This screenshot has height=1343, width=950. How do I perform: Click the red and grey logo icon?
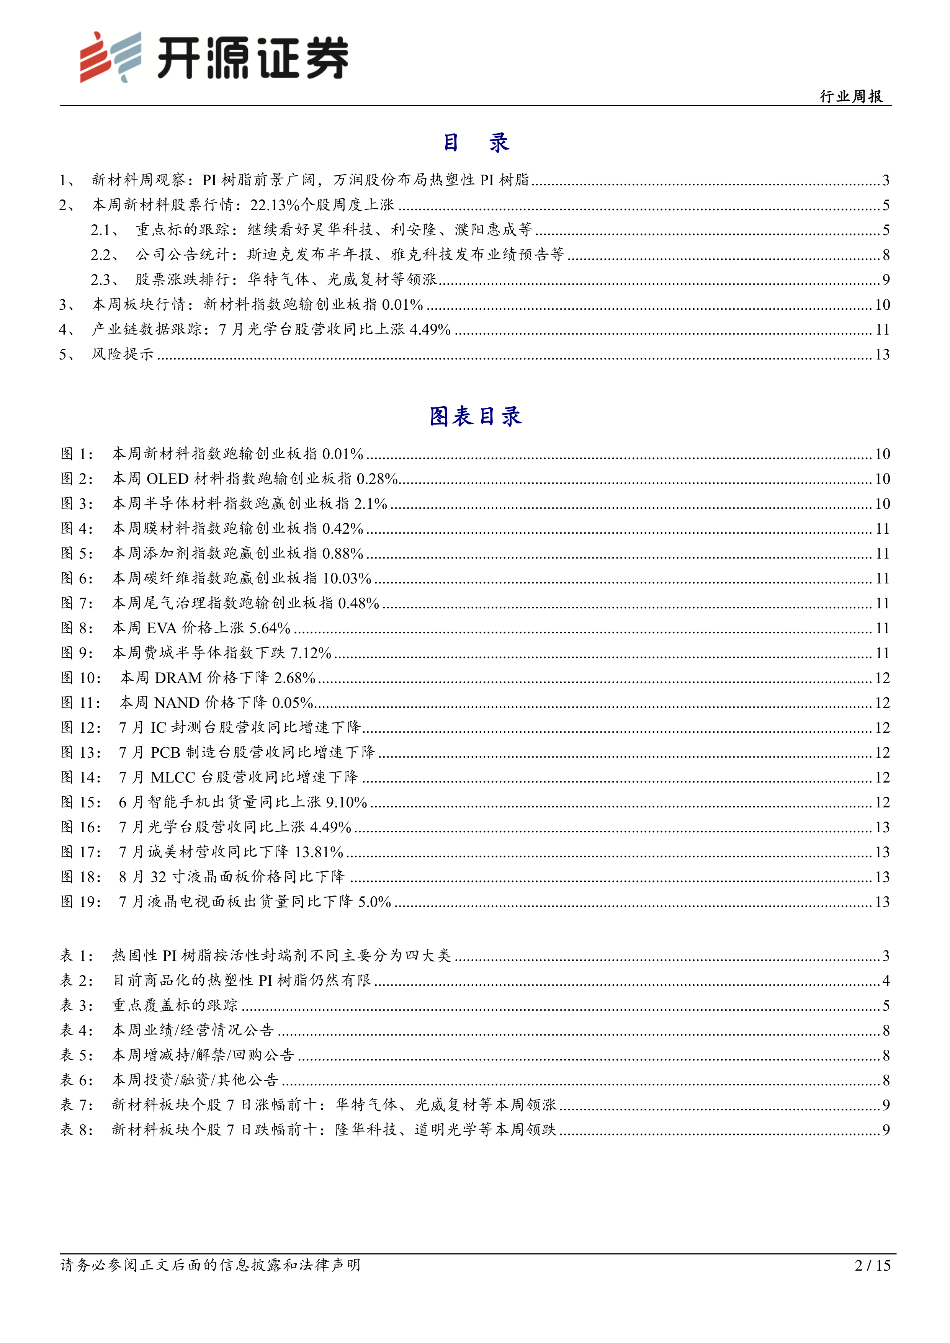(111, 57)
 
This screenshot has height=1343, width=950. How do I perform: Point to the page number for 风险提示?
(882, 355)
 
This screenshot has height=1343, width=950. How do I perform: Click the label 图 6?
(77, 578)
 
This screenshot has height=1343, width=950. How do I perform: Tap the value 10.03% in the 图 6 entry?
(347, 578)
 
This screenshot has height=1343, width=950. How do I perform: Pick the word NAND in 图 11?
(177, 703)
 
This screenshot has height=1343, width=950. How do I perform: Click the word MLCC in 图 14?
(173, 778)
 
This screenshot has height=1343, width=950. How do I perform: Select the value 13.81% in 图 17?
(319, 852)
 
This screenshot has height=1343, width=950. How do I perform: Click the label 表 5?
(77, 1055)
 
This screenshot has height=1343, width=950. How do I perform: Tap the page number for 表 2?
(886, 980)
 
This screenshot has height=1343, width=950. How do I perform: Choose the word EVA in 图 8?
(162, 628)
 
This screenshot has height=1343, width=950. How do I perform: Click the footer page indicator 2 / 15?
(872, 1265)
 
